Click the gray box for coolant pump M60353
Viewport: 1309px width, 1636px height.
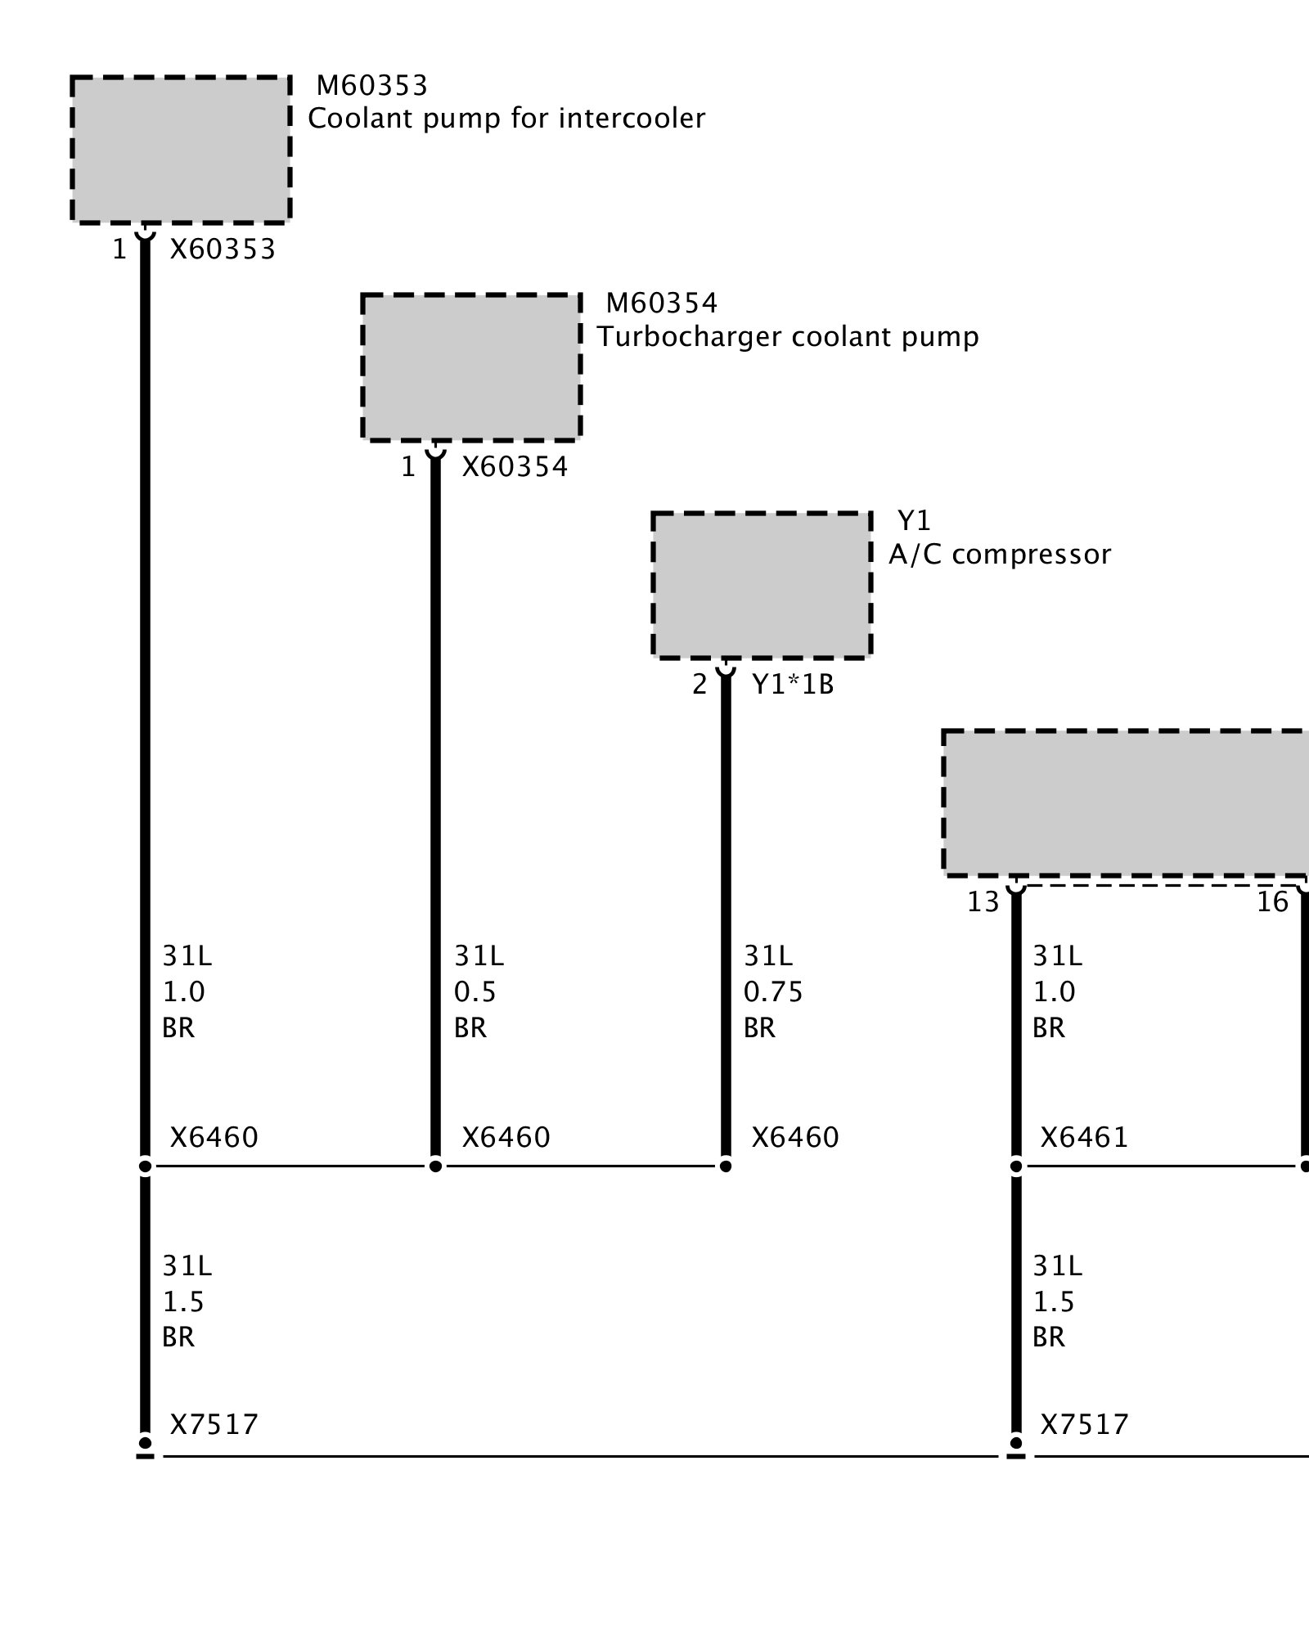180,149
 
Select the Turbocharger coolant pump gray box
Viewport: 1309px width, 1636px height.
471,367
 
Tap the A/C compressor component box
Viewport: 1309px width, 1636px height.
762,585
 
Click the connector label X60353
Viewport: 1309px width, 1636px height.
223,249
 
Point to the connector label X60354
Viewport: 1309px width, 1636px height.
515,467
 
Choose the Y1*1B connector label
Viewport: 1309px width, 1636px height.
793,685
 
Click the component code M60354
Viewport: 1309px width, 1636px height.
661,303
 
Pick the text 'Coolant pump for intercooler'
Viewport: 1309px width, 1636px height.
506,119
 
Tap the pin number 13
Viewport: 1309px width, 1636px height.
983,902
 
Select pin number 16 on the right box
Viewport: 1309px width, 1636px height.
1272,902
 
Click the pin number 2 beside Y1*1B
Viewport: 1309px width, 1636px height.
699,685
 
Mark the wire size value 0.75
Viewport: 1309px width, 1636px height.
773,992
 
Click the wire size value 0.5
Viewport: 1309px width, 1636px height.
475,992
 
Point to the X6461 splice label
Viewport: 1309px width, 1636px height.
1084,1138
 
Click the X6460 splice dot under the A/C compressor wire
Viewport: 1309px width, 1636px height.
726,1166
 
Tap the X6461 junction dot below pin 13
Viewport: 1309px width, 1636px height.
1016,1166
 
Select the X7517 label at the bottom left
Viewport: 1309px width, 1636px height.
214,1424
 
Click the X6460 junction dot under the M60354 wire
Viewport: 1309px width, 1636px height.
435,1166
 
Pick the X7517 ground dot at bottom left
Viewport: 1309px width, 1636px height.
145,1442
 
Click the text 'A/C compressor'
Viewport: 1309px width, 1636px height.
1000,555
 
